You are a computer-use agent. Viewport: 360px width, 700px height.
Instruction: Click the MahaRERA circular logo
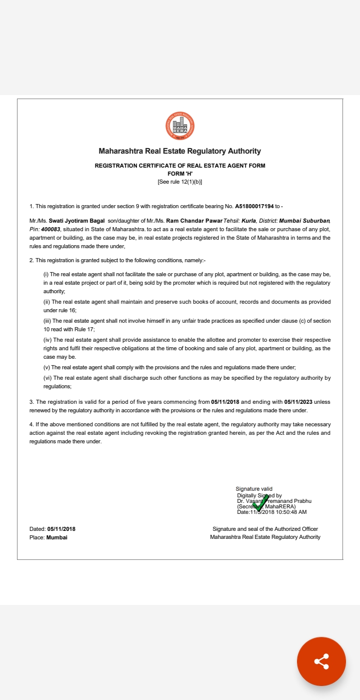point(180,126)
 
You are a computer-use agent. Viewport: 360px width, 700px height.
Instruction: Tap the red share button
point(321,661)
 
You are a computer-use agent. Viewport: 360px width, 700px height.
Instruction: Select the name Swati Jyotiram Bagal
point(76,221)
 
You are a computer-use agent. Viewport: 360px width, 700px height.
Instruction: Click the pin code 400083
point(51,229)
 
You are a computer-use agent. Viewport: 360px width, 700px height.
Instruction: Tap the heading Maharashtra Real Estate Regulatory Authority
point(180,151)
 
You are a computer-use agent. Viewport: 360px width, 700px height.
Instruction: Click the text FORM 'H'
point(180,173)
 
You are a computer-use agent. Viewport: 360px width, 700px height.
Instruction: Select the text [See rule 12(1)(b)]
point(180,181)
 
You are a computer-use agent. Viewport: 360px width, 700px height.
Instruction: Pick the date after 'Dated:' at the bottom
point(61,529)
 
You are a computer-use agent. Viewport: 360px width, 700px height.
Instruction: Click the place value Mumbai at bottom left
point(56,537)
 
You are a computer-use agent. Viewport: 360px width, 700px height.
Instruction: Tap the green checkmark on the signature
point(260,502)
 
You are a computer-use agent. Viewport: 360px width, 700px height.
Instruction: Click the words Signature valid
point(254,489)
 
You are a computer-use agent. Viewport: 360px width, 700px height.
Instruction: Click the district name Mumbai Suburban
point(304,221)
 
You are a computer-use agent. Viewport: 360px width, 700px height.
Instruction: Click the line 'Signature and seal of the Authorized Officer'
point(265,529)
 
